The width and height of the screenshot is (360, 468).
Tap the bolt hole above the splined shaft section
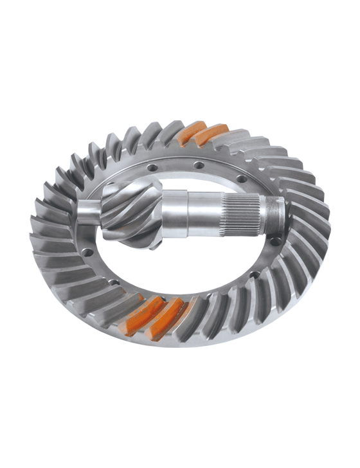(239, 178)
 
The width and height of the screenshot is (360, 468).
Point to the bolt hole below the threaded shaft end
(275, 242)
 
